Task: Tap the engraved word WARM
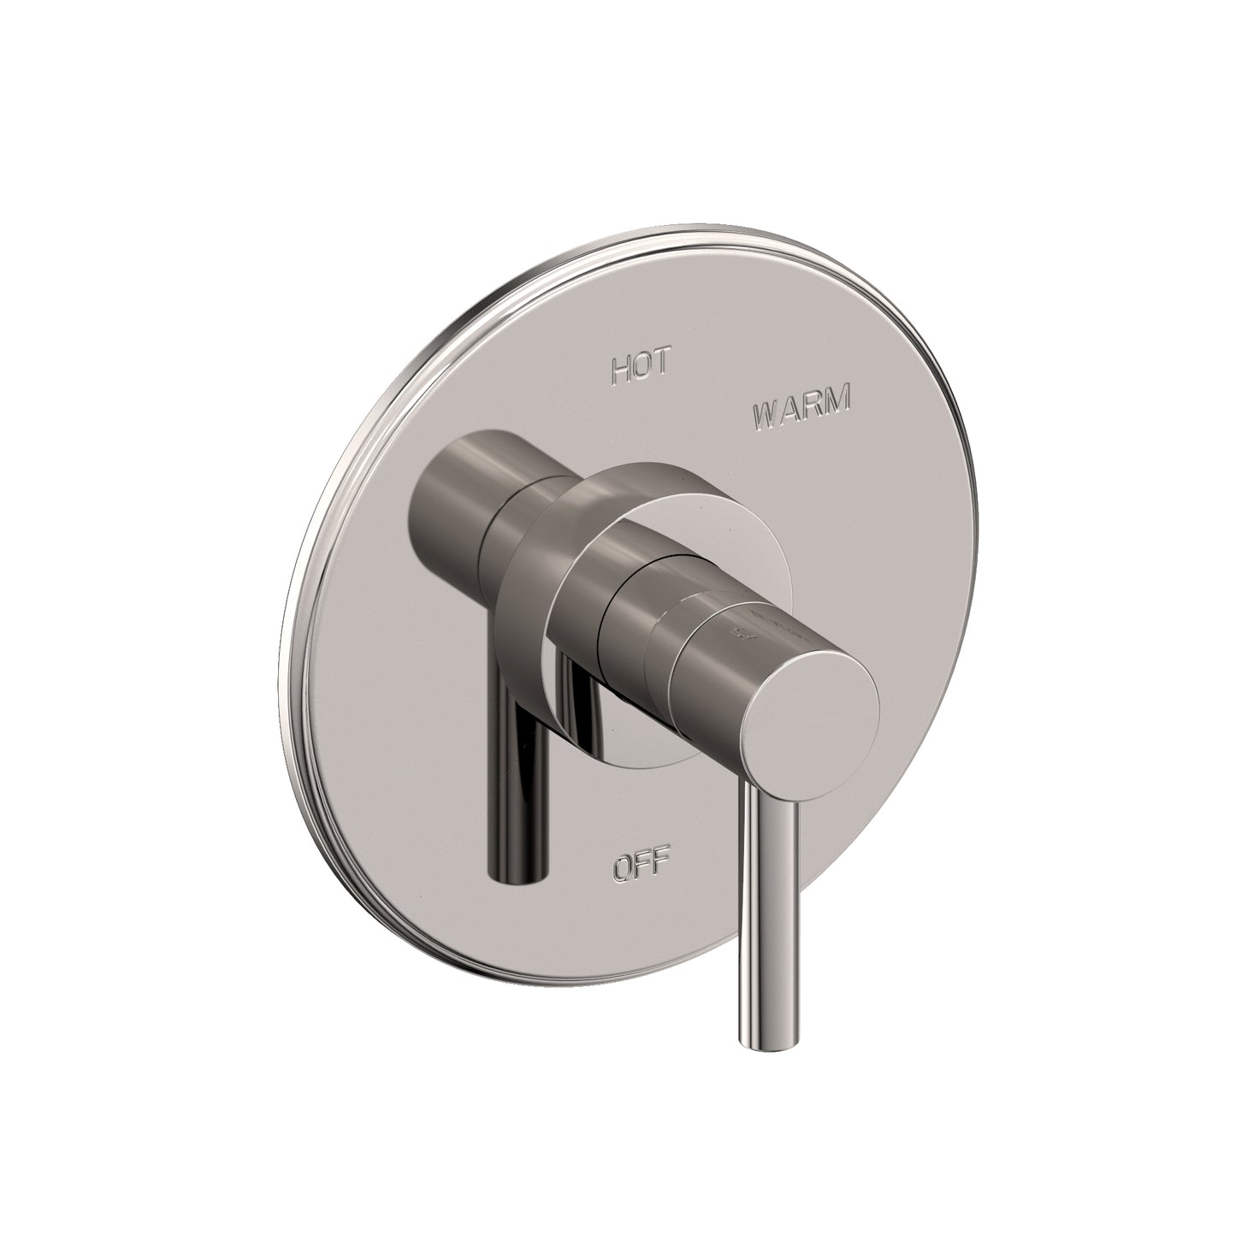click(801, 419)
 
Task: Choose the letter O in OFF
click(622, 868)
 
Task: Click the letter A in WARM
click(790, 420)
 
